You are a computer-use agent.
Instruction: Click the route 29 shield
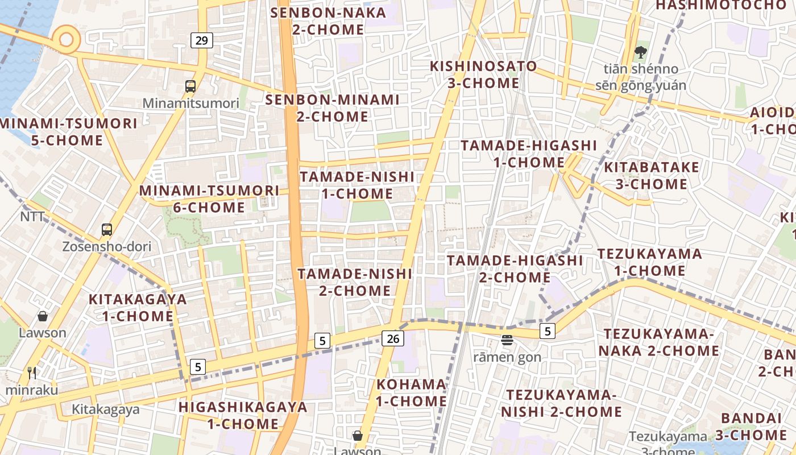click(x=202, y=40)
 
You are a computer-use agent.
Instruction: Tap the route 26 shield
click(x=393, y=338)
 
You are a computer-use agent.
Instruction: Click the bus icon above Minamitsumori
click(x=190, y=86)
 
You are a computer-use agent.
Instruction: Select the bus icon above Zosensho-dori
click(x=107, y=230)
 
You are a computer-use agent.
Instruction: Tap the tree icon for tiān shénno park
click(x=641, y=52)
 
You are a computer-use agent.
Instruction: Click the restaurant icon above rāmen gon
click(x=507, y=340)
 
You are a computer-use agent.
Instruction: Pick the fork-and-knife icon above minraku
click(x=32, y=373)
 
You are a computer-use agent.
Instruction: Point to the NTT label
click(x=32, y=217)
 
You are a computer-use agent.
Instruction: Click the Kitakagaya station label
click(x=105, y=409)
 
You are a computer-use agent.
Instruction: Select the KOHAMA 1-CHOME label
click(x=411, y=392)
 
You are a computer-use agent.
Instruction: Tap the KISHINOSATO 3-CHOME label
click(x=483, y=75)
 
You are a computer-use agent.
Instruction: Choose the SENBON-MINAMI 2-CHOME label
click(x=333, y=108)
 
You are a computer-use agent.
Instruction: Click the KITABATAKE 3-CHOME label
click(x=651, y=176)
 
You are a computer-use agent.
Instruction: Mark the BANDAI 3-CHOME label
click(x=751, y=427)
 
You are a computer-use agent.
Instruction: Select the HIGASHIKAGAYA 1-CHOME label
click(x=243, y=415)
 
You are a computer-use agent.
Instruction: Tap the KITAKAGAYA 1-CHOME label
click(x=138, y=308)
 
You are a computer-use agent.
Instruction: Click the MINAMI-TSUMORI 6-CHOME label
click(x=209, y=199)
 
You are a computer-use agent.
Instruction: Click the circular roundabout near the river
click(x=67, y=39)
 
